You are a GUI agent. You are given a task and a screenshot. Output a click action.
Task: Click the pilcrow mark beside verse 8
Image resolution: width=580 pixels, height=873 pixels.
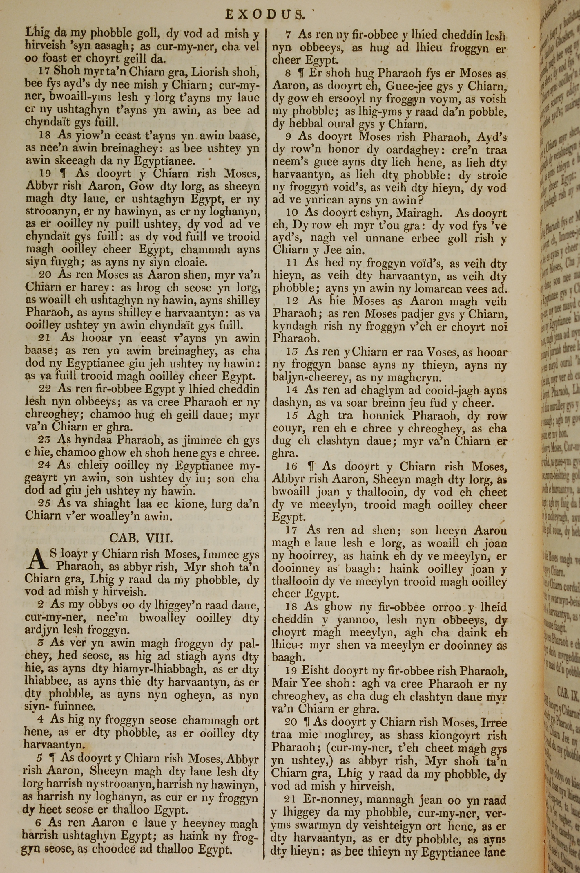click(301, 73)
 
